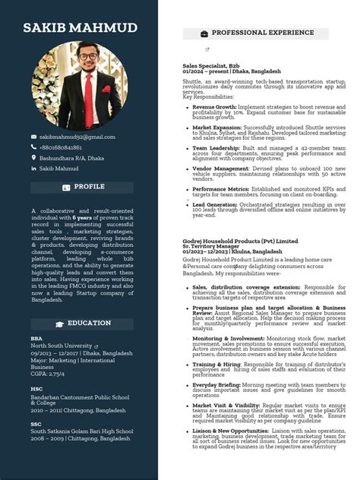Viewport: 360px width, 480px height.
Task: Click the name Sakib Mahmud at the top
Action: (x=80, y=28)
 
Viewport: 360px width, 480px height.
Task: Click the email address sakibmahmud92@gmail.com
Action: (x=77, y=137)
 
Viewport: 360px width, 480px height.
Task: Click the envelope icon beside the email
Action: (x=33, y=137)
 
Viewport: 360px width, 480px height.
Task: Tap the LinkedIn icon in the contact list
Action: (x=33, y=169)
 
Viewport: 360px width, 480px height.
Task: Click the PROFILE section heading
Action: (x=89, y=187)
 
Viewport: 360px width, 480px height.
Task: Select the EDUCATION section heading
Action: (x=89, y=324)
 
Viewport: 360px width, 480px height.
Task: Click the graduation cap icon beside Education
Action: (x=59, y=324)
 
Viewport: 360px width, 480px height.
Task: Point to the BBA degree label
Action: (x=36, y=339)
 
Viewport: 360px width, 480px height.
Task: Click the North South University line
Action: (x=60, y=346)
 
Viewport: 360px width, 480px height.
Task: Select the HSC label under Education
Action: (x=36, y=389)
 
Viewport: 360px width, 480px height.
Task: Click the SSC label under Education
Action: (x=36, y=424)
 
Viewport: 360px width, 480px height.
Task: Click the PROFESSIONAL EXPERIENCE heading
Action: (x=262, y=33)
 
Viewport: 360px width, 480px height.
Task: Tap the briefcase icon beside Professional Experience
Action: (x=204, y=34)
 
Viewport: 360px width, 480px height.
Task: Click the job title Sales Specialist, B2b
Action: (x=210, y=66)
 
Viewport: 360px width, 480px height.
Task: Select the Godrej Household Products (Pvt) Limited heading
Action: (x=240, y=240)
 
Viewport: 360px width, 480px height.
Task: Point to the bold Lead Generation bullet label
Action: (x=215, y=204)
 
